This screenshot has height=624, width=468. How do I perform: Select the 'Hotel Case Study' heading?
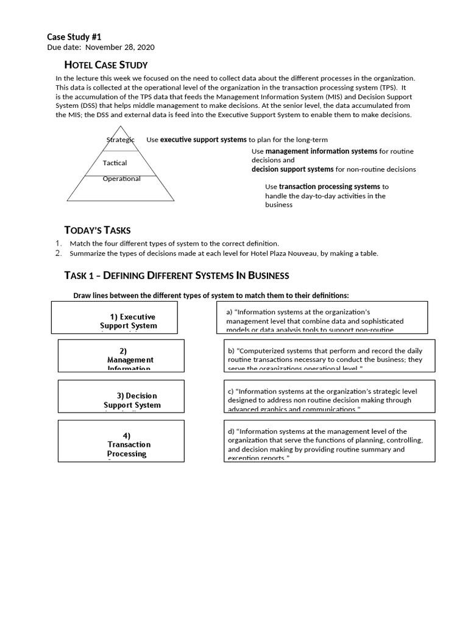click(106, 65)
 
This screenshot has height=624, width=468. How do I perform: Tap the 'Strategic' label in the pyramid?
click(120, 140)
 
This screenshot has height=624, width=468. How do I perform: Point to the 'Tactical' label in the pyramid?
click(115, 163)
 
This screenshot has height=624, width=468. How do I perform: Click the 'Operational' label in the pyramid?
click(121, 179)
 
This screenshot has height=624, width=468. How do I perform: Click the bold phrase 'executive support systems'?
click(204, 140)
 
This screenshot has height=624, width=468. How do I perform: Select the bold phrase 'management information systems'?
click(321, 151)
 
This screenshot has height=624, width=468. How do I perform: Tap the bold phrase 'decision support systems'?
click(292, 169)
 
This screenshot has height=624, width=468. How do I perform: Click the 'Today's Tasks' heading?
click(97, 230)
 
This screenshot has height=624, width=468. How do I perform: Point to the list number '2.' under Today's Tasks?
click(58, 253)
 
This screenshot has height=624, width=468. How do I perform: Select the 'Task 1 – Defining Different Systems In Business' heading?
click(176, 275)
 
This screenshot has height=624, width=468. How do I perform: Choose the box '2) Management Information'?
click(121, 356)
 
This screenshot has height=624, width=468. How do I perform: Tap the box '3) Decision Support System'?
click(121, 395)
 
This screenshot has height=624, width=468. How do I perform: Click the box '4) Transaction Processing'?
click(121, 441)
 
